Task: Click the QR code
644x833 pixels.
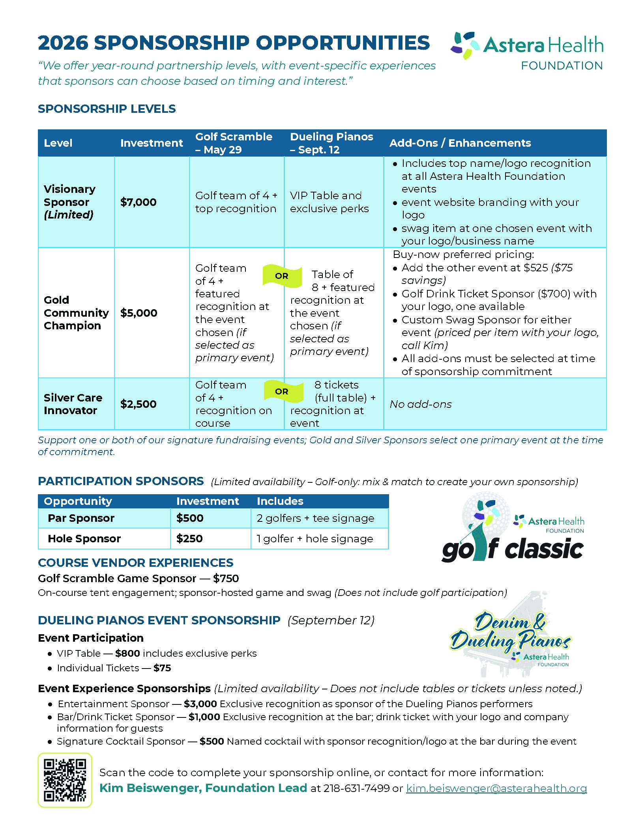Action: [x=65, y=780]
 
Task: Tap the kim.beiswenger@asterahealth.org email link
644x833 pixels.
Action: [x=496, y=788]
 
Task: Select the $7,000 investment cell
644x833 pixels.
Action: [x=139, y=202]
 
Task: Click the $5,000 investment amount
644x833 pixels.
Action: [x=139, y=313]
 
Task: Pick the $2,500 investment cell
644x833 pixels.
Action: [x=139, y=404]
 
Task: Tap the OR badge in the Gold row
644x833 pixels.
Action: [x=282, y=276]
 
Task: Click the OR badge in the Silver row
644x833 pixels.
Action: [x=282, y=391]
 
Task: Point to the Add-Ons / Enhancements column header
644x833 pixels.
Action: [x=460, y=143]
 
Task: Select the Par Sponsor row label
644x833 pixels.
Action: [x=81, y=518]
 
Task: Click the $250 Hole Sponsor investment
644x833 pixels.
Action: [x=189, y=538]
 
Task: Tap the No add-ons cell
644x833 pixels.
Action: [x=421, y=404]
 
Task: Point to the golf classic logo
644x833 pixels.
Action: [x=513, y=529]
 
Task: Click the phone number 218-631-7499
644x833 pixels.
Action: [x=356, y=788]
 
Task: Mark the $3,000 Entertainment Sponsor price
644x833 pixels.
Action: [x=200, y=704]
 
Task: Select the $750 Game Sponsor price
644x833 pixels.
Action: [x=226, y=578]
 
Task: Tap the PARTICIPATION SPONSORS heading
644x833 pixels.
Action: [x=121, y=481]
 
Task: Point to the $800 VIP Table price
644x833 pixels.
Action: [x=127, y=653]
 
